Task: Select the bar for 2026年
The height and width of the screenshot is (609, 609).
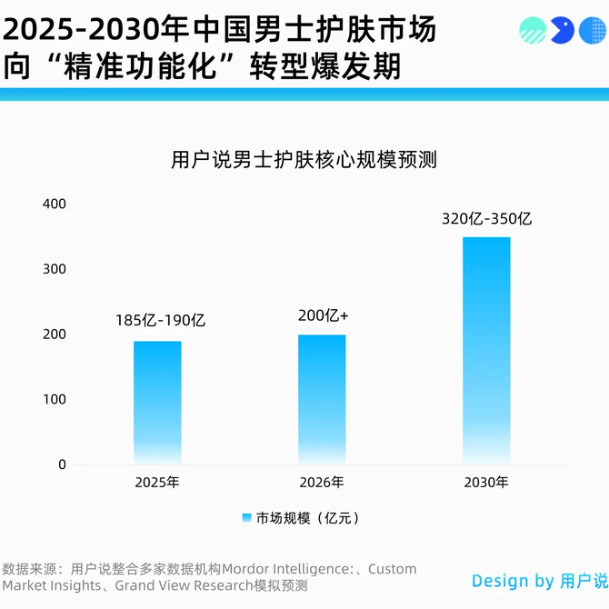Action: (x=322, y=399)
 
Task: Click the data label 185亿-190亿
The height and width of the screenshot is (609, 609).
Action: (x=161, y=321)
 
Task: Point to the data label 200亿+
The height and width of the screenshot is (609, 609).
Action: (x=324, y=315)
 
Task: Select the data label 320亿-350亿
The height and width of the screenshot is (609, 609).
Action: (x=486, y=219)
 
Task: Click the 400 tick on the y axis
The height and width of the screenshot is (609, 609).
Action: (x=55, y=204)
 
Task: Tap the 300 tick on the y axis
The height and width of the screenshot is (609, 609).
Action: (x=55, y=269)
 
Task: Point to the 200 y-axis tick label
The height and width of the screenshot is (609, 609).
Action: (x=55, y=334)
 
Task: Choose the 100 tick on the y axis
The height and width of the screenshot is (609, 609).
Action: (x=55, y=400)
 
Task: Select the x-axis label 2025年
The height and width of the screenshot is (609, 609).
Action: (x=157, y=483)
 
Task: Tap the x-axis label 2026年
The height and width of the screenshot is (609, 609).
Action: (x=322, y=483)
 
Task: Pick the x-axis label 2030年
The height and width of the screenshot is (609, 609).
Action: (x=486, y=483)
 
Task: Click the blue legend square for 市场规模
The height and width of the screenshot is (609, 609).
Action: (x=246, y=518)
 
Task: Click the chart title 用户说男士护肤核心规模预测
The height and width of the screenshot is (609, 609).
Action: (x=304, y=160)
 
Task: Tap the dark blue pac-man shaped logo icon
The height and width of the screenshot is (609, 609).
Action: (x=563, y=31)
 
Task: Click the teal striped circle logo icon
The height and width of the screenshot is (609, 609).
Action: (x=533, y=31)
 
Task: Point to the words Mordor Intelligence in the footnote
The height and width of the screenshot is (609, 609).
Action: (x=288, y=569)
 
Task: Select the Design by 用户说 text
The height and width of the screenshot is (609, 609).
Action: (x=539, y=581)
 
